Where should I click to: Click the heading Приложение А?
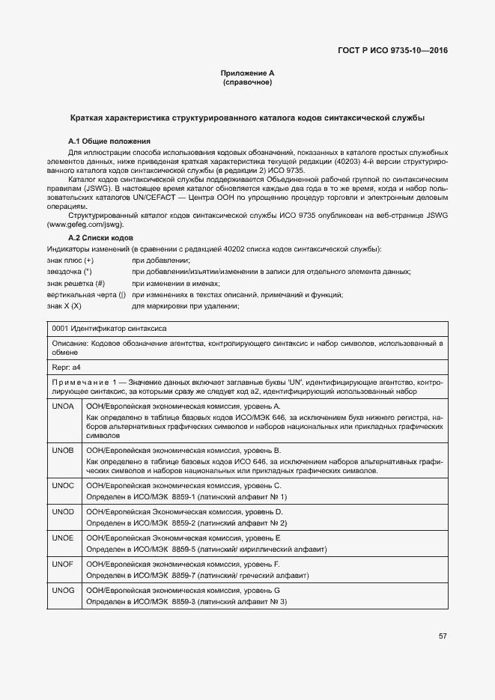(x=248, y=73)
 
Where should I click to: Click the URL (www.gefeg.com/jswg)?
(x=85, y=225)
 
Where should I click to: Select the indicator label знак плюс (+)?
(x=70, y=259)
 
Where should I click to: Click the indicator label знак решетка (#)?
(x=76, y=283)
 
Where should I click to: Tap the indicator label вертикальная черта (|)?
(x=86, y=295)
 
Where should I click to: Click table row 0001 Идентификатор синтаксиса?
(x=109, y=329)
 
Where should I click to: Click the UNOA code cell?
(x=63, y=406)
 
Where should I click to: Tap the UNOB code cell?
(x=63, y=451)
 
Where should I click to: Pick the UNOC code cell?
(x=63, y=486)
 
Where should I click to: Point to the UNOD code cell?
(x=63, y=511)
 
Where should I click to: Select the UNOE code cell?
(x=63, y=538)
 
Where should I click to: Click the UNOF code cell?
(x=63, y=564)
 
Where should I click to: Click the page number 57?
(x=443, y=636)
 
